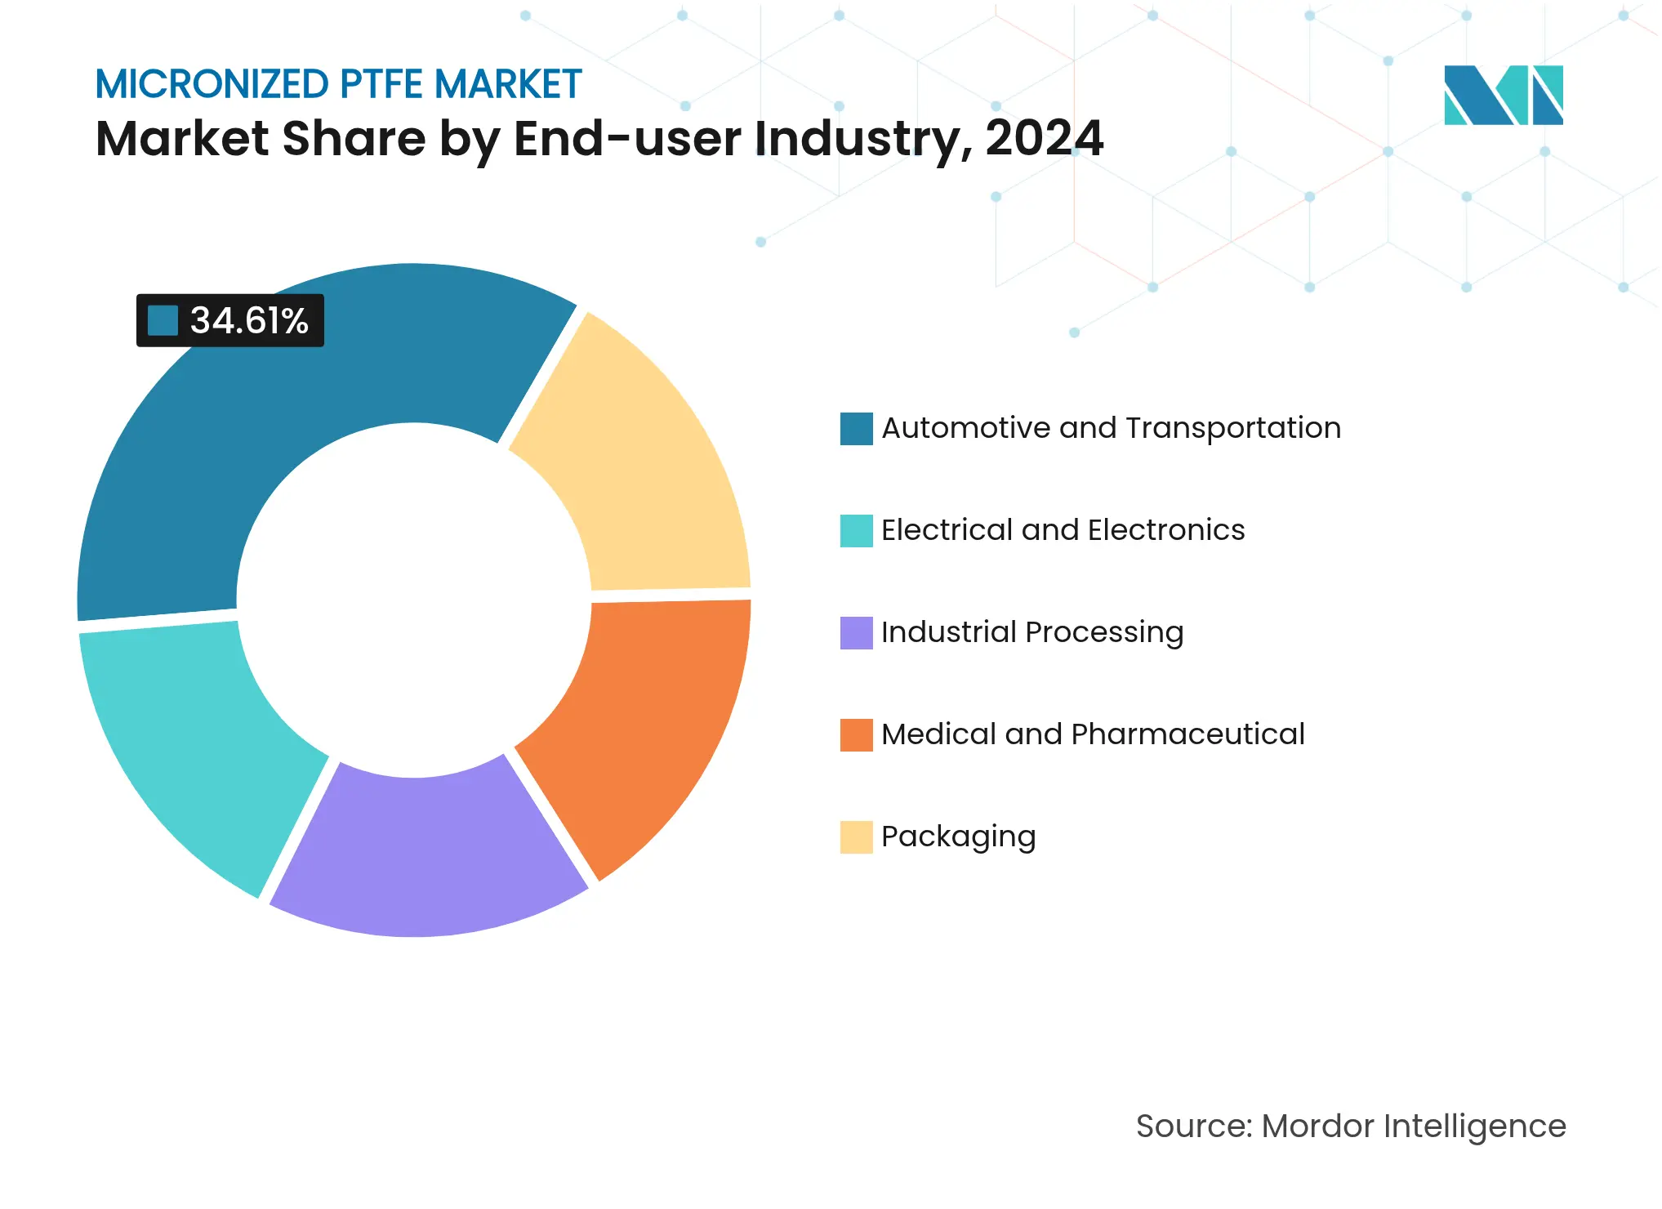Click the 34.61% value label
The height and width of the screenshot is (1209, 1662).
click(x=248, y=320)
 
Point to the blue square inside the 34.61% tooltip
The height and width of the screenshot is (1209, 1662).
click(x=163, y=320)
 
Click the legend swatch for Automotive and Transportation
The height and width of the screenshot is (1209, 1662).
click(x=856, y=429)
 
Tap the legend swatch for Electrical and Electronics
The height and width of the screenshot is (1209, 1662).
click(x=856, y=531)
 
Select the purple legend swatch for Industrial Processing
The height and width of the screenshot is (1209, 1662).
click(x=856, y=633)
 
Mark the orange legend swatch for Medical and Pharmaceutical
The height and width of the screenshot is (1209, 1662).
click(x=856, y=735)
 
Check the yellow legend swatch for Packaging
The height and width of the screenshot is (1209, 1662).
click(x=856, y=837)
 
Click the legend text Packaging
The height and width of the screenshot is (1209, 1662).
click(x=958, y=837)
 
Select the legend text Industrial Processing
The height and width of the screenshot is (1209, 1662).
click(x=1032, y=633)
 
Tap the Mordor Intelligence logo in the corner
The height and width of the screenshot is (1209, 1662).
click(x=1503, y=95)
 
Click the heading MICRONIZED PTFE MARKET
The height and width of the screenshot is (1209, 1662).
click(x=338, y=84)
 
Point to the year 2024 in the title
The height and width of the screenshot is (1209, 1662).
click(x=1044, y=139)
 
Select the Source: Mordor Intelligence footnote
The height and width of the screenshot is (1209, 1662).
click(x=1350, y=1126)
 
